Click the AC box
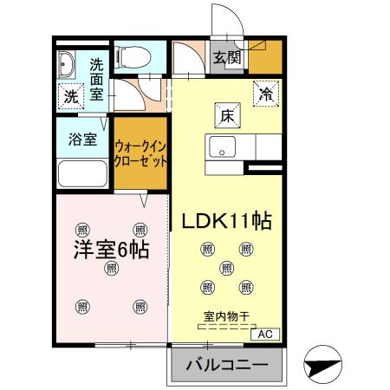coord(264,333)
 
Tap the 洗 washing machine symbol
coord(69,95)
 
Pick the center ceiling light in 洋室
coord(110,269)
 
